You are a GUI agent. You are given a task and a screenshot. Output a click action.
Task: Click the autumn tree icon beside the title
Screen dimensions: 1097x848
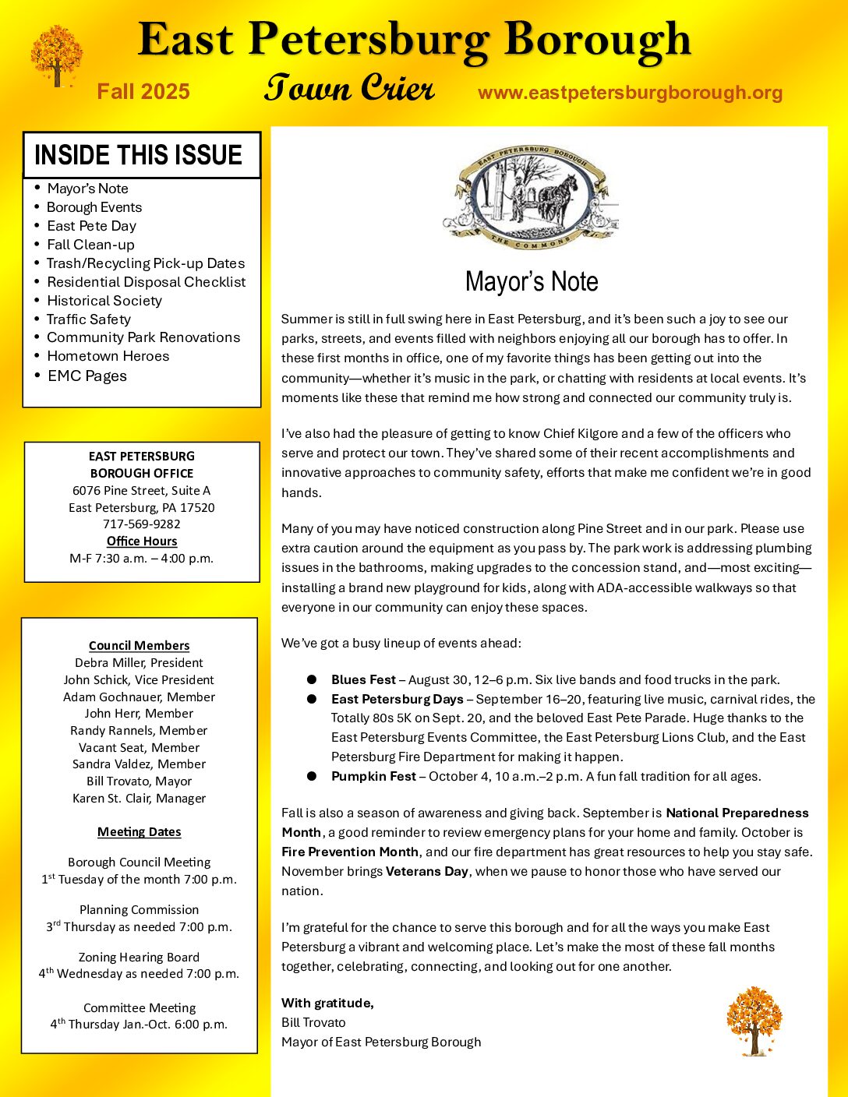click(x=56, y=55)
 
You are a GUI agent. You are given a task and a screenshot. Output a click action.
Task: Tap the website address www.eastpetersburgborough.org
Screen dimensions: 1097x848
click(x=630, y=93)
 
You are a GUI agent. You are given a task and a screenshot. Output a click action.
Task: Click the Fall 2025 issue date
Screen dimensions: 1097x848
click(x=143, y=92)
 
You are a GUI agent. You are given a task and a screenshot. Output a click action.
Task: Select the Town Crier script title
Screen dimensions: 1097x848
click(x=348, y=88)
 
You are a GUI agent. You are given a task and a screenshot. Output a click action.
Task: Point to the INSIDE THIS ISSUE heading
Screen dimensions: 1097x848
click(x=139, y=155)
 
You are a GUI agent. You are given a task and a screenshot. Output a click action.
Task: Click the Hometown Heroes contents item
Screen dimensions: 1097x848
click(x=108, y=356)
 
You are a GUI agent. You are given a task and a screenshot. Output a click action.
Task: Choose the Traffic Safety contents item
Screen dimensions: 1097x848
click(x=88, y=319)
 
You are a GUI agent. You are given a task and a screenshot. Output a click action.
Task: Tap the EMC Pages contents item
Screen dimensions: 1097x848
click(x=87, y=376)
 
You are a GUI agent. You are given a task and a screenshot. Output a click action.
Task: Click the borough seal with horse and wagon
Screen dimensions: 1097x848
click(x=531, y=197)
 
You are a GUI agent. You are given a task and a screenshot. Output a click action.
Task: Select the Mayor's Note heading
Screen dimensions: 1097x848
click(x=532, y=281)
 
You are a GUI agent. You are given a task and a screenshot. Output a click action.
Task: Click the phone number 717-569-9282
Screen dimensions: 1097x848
click(x=141, y=524)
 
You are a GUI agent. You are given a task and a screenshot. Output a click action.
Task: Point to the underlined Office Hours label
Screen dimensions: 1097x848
click(x=142, y=541)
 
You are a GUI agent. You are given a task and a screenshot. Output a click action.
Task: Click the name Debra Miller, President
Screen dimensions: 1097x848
click(x=139, y=663)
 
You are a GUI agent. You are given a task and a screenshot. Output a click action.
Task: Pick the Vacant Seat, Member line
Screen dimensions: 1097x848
click(x=139, y=747)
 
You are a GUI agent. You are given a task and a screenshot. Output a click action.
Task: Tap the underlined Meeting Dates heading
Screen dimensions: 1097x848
click(x=139, y=832)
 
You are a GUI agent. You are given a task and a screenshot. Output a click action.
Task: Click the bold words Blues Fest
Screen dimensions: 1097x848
click(x=363, y=680)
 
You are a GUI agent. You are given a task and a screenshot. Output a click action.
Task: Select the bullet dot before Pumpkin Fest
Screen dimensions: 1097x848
click(x=312, y=776)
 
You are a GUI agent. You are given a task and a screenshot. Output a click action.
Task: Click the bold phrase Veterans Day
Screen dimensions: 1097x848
click(x=427, y=871)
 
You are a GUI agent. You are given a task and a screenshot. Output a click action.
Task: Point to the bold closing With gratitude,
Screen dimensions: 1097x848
click(x=327, y=1003)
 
